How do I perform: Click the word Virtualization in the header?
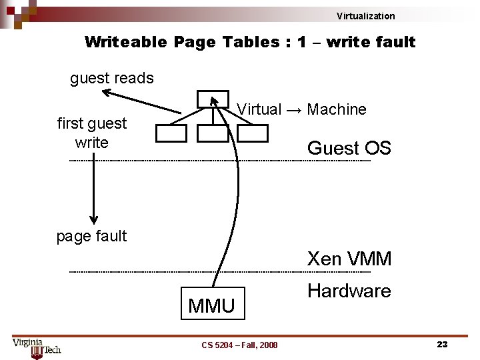click(x=365, y=16)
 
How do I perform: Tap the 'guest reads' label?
click(x=112, y=78)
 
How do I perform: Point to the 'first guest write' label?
click(x=92, y=133)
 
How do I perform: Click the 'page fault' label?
click(x=91, y=236)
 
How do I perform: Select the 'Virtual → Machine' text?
click(x=302, y=109)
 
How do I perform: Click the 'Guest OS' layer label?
click(x=349, y=148)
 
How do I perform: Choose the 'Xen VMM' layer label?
click(x=349, y=259)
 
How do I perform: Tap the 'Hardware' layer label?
click(x=349, y=291)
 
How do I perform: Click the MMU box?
click(x=212, y=305)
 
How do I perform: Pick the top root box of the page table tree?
click(x=213, y=99)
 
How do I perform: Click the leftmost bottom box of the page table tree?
click(x=171, y=133)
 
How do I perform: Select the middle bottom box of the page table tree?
click(x=213, y=133)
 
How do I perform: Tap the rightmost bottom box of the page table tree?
click(x=253, y=133)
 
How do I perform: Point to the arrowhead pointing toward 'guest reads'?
click(x=108, y=93)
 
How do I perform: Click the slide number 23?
click(x=441, y=344)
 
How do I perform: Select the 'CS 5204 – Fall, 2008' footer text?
click(x=239, y=345)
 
